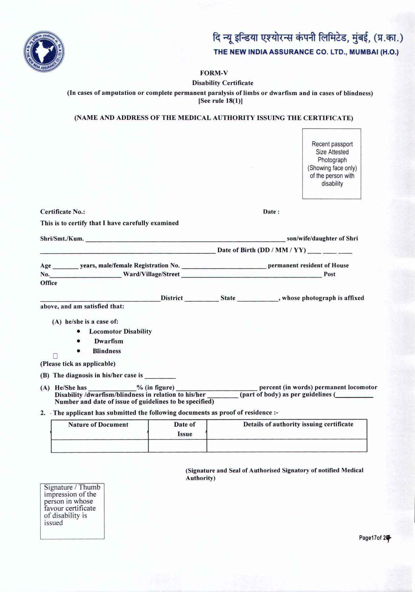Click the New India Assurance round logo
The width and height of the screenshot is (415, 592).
coord(44,52)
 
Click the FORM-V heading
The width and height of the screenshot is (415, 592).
coord(214,73)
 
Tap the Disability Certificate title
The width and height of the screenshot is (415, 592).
coord(223,83)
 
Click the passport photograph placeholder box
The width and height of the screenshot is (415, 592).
coord(332,164)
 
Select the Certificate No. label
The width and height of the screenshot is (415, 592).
coord(63,212)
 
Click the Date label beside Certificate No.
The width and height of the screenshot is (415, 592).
coord(271,212)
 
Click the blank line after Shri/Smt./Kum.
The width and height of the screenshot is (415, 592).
coord(185,239)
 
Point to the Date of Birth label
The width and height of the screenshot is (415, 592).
coord(261,250)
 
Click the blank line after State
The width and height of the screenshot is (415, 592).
coord(258,299)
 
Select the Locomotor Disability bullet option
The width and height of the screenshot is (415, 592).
coord(120,332)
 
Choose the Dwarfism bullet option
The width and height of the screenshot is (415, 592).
coord(109,341)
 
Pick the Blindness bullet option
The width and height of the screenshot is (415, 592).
coord(107,351)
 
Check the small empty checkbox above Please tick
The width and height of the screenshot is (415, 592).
coord(55,356)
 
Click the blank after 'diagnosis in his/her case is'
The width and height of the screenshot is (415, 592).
coord(160,376)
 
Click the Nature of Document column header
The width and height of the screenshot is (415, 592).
coord(98,425)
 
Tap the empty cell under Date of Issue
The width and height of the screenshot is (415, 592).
coord(177,446)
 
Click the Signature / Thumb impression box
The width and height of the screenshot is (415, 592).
coord(72,511)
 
